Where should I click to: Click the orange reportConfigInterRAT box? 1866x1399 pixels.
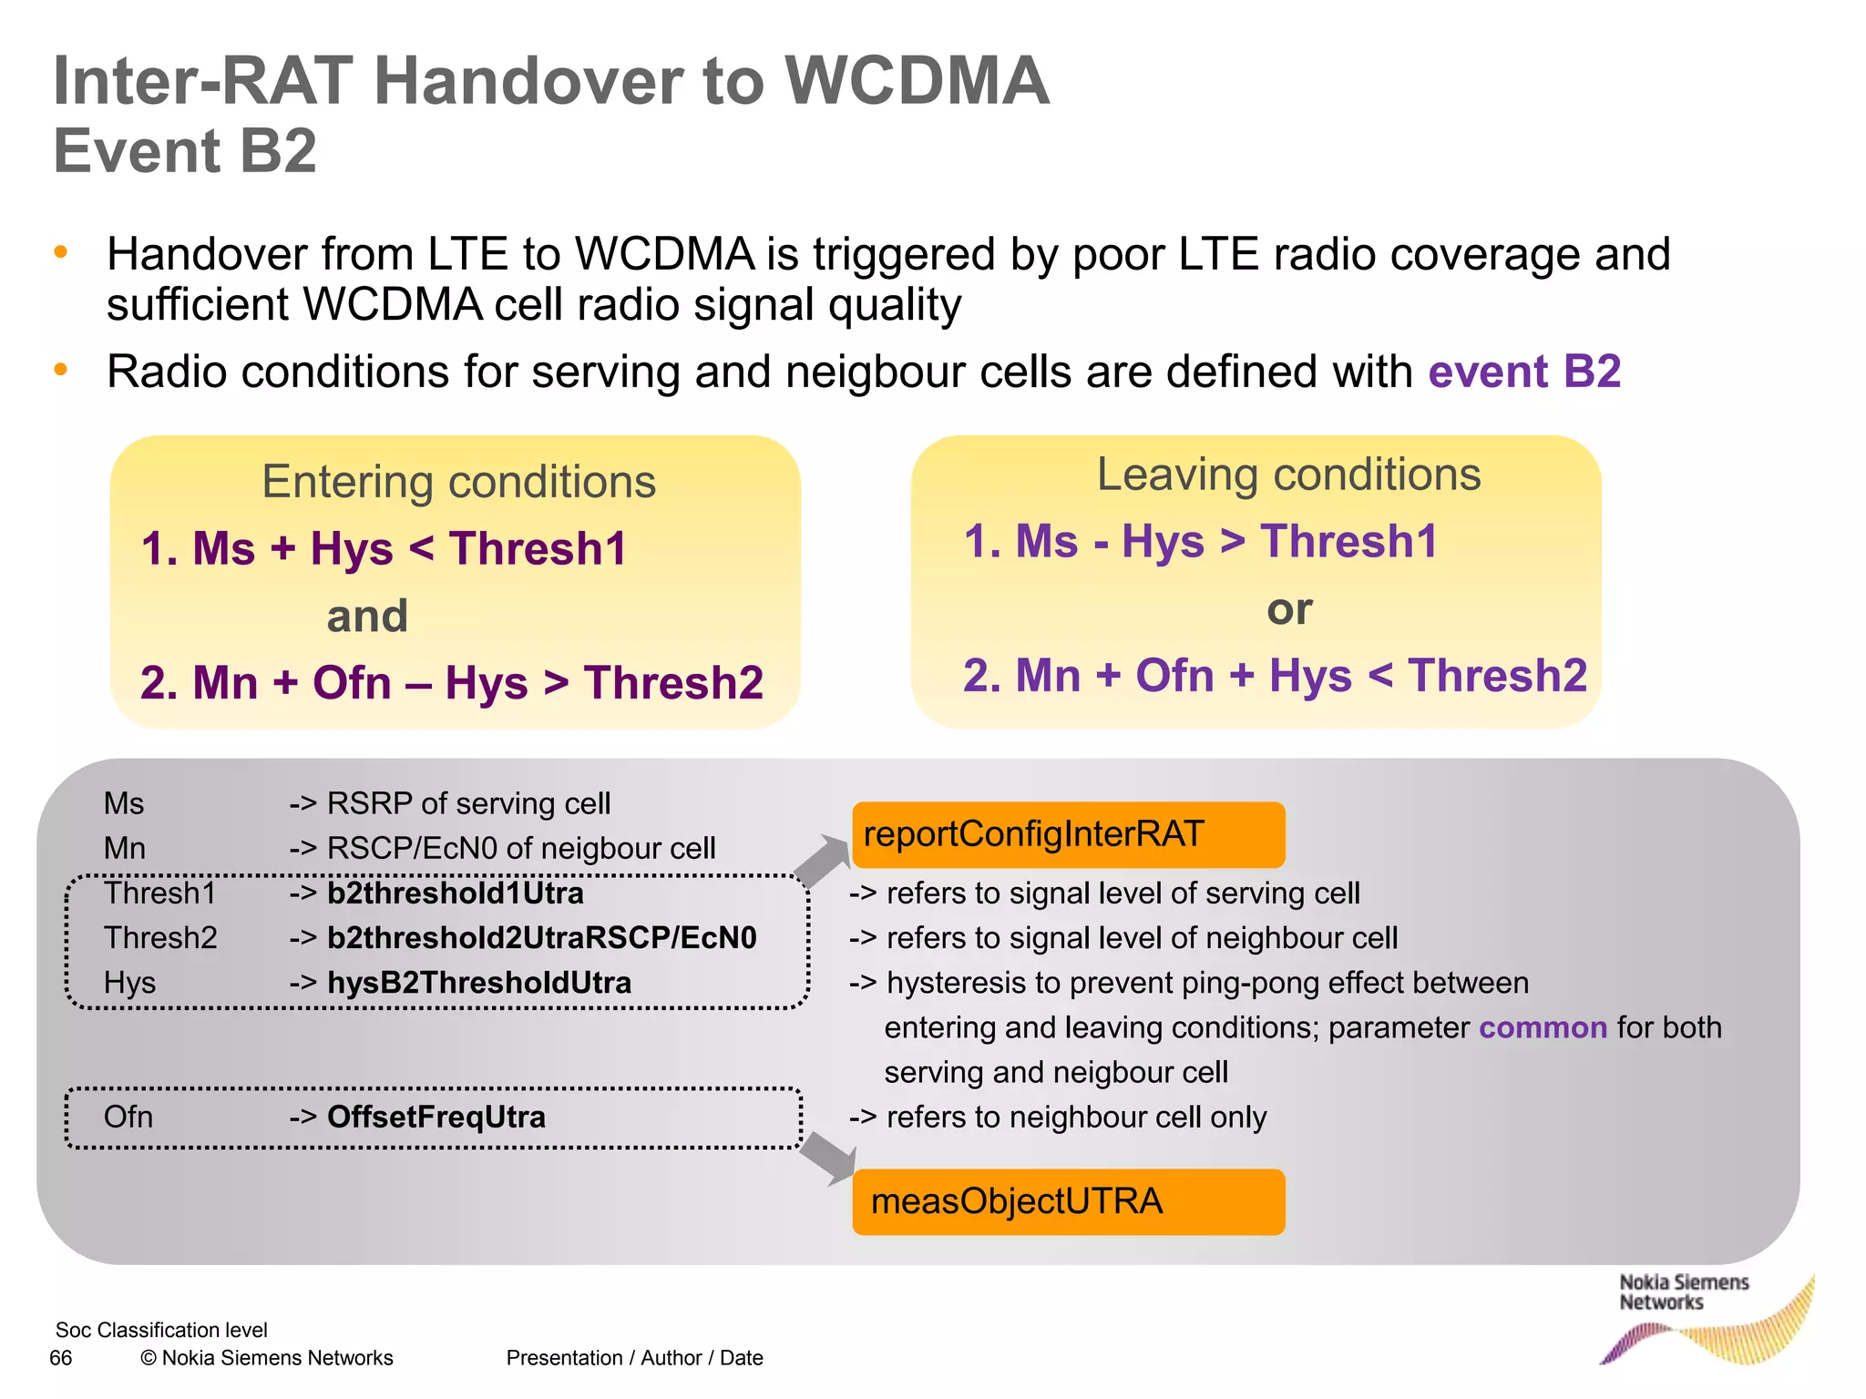pos(1068,834)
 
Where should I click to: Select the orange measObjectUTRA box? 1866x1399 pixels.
pos(1068,1201)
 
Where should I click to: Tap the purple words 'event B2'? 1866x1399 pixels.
pos(1524,372)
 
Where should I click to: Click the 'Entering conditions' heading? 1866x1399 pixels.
pos(458,482)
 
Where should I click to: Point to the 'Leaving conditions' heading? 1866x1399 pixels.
pos(1288,475)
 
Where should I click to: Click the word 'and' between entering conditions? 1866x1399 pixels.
pos(367,616)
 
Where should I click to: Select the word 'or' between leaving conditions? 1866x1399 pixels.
pos(1289,608)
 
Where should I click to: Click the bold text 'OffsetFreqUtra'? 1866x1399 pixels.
pos(436,1117)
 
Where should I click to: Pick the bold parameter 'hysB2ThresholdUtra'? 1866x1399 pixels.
pos(479,983)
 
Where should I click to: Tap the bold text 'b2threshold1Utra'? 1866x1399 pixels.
pos(456,893)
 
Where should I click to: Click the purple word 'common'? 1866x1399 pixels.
pos(1543,1027)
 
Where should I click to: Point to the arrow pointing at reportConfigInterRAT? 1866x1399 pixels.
pos(824,859)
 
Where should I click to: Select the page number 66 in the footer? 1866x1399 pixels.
pos(61,1358)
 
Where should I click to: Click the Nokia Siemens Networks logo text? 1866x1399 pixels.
pos(1683,1292)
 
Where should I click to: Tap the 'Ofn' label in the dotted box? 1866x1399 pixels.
pos(128,1117)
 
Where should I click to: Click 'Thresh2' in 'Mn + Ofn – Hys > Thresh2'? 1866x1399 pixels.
pos(673,682)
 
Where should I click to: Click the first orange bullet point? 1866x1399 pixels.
pos(61,252)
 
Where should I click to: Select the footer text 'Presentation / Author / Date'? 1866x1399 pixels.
pos(634,1358)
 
